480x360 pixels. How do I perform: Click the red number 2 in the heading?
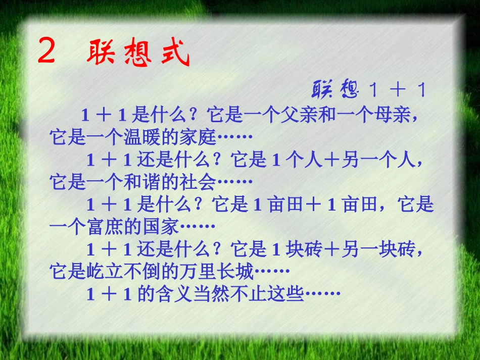(x=46, y=52)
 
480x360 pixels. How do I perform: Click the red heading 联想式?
(x=138, y=53)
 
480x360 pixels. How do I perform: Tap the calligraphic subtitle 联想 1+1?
(x=369, y=90)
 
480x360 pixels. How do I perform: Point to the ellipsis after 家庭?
(x=234, y=137)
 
